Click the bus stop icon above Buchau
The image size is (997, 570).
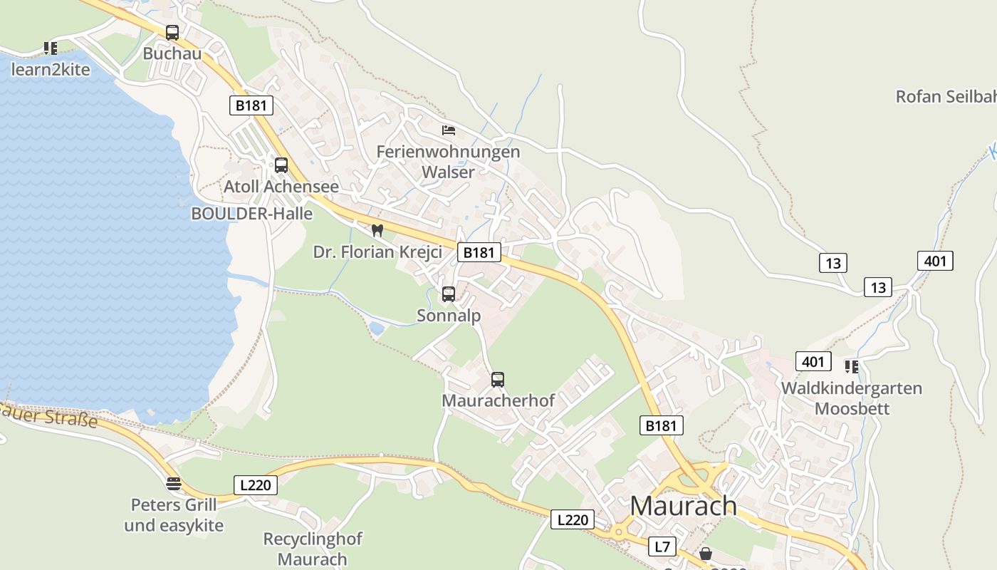pyautogui.click(x=172, y=33)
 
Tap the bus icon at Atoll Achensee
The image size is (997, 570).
pyautogui.click(x=281, y=165)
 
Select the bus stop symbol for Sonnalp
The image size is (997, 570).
pyautogui.click(x=449, y=294)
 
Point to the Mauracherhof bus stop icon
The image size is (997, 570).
pyautogui.click(x=498, y=380)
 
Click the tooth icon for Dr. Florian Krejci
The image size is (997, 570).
pyautogui.click(x=377, y=231)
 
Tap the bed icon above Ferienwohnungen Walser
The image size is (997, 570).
pyautogui.click(x=448, y=130)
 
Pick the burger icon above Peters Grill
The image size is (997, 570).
pyautogui.click(x=174, y=484)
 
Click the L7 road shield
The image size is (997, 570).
pyautogui.click(x=662, y=546)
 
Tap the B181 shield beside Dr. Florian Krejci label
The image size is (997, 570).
pyautogui.click(x=479, y=252)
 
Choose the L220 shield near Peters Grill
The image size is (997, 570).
pyautogui.click(x=255, y=485)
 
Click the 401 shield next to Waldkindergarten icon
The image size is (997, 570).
pyautogui.click(x=813, y=361)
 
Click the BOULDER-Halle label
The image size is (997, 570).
pyautogui.click(x=252, y=213)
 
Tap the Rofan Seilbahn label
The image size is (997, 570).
pyautogui.click(x=945, y=96)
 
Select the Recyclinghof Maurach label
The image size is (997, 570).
pyautogui.click(x=313, y=549)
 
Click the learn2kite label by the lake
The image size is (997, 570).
pyautogui.click(x=51, y=69)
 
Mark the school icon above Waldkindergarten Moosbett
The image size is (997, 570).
pyautogui.click(x=851, y=367)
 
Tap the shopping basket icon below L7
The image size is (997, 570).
pyautogui.click(x=706, y=554)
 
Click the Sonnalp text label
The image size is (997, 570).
pyautogui.click(x=449, y=316)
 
